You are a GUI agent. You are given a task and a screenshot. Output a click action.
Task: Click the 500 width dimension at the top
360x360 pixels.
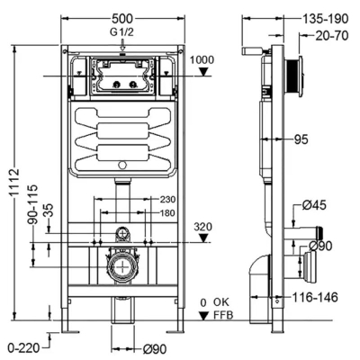click(x=122, y=19)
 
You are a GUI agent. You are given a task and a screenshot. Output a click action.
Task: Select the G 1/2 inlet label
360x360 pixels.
click(x=121, y=32)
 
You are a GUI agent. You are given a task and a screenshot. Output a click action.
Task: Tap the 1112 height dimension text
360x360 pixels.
click(x=14, y=183)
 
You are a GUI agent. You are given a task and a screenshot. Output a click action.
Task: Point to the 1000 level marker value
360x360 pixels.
click(x=202, y=60)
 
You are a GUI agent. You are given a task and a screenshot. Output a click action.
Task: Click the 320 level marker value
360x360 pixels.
click(x=202, y=227)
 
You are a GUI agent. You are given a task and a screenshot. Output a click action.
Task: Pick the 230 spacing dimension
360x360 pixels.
click(x=167, y=199)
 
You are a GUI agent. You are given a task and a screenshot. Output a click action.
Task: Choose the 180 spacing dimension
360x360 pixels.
click(x=167, y=213)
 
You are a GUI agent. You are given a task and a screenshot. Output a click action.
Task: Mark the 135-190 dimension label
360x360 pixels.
click(x=325, y=19)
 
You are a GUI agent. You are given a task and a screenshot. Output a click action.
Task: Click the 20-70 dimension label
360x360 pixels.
click(x=332, y=36)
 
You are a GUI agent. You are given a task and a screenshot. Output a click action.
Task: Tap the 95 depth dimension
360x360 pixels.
click(x=301, y=139)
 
